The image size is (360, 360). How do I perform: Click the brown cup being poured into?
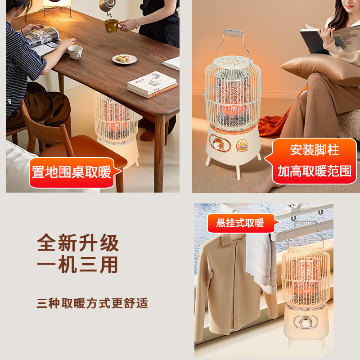click(111, 26)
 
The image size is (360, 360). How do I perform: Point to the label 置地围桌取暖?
click(72, 172)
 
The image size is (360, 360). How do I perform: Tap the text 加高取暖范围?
click(314, 171)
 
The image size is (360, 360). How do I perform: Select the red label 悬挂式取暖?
click(240, 223)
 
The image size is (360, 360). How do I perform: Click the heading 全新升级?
click(78, 243)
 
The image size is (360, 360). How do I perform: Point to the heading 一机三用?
click(78, 265)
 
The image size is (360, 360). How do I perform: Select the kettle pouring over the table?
click(107, 6)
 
